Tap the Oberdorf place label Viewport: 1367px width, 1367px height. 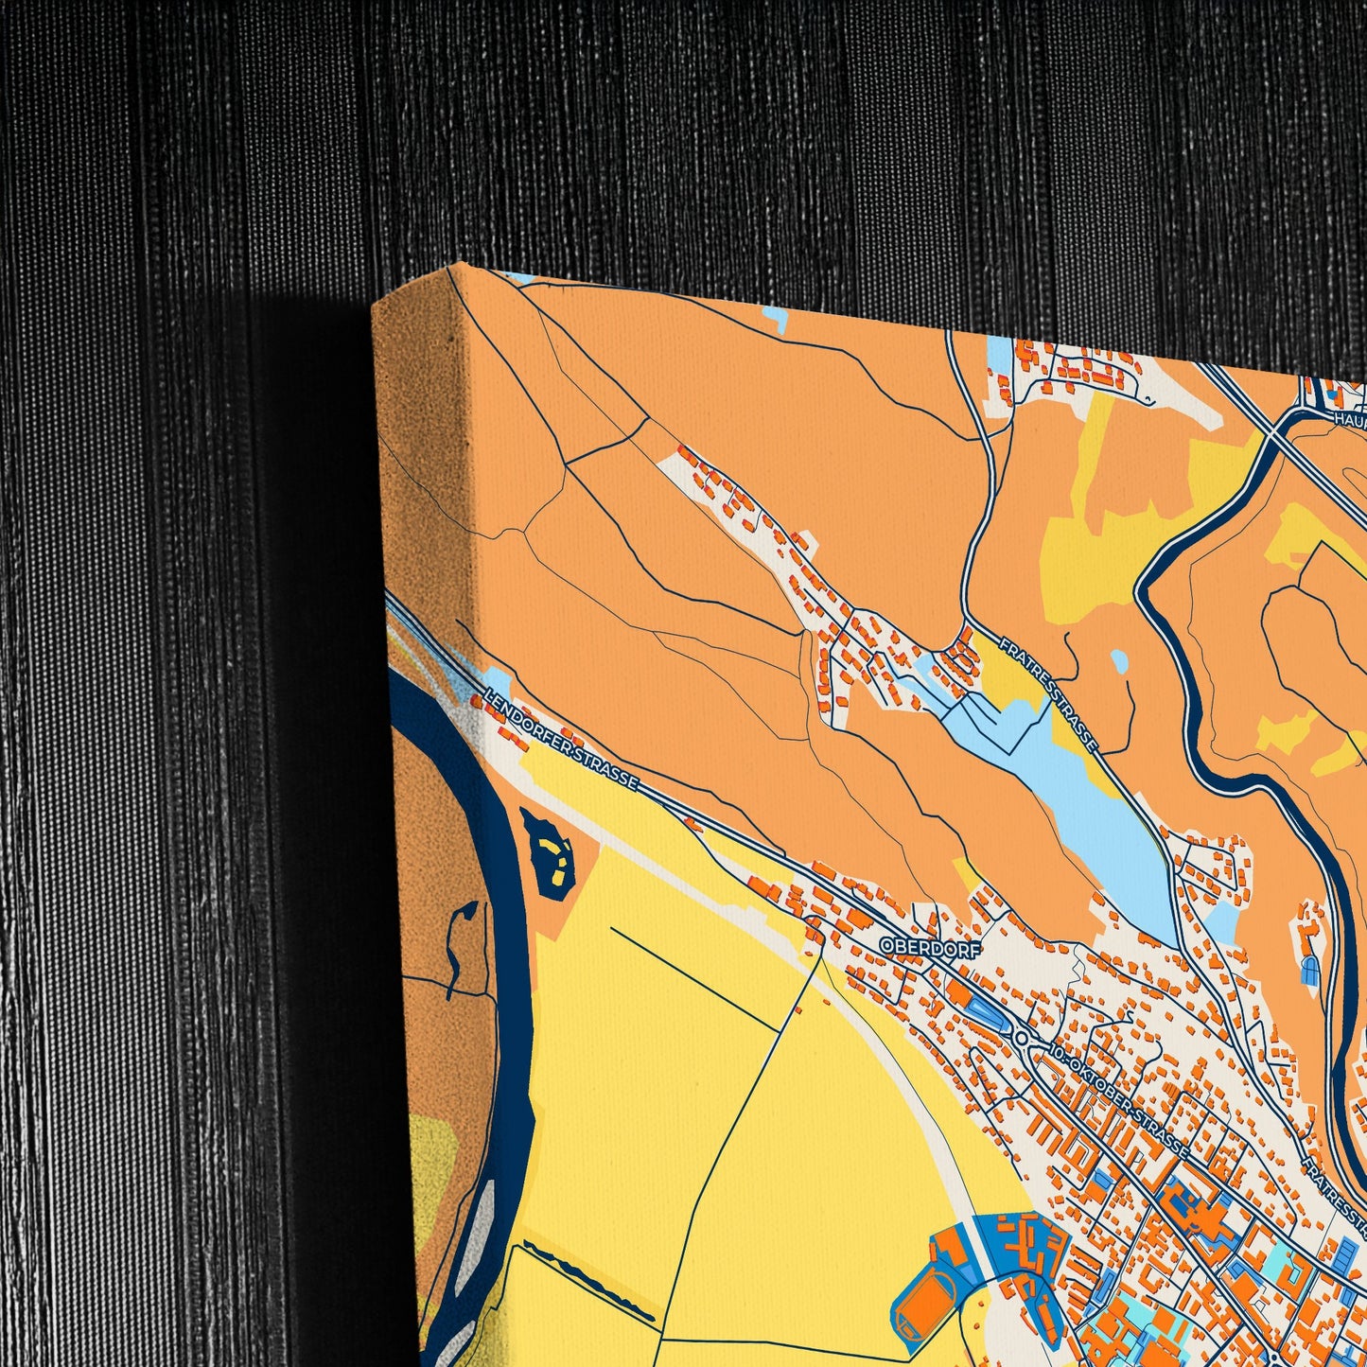coord(930,947)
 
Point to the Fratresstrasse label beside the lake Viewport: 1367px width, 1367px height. coord(1047,695)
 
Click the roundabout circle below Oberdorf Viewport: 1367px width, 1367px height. coord(1021,1038)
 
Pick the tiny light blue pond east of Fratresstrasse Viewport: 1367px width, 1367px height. coord(1119,660)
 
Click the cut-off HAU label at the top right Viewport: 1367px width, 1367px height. coord(1350,417)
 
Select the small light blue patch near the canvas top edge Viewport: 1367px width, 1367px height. coord(774,319)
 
